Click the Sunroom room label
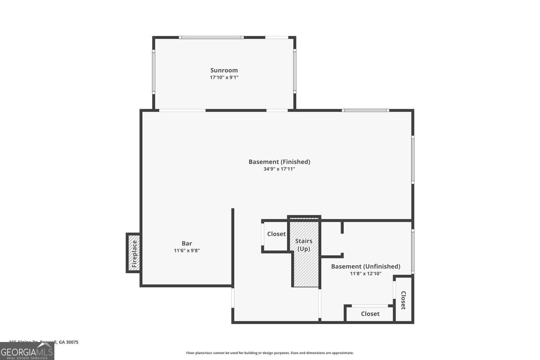[224, 70]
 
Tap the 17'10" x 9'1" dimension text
[224, 77]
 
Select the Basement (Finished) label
[279, 162]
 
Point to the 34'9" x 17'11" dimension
[279, 169]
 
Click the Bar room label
[186, 243]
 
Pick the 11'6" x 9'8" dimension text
[186, 251]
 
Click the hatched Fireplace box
[134, 253]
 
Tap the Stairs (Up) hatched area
[305, 266]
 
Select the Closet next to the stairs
[276, 234]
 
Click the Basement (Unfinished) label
[365, 266]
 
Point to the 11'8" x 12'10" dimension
[365, 274]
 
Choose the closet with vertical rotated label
[404, 300]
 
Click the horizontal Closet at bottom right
[370, 314]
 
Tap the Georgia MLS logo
[27, 351]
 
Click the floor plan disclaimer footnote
[270, 353]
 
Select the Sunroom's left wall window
[153, 72]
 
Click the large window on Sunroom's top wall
[211, 37]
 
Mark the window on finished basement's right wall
[413, 160]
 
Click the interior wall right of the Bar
[233, 247]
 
